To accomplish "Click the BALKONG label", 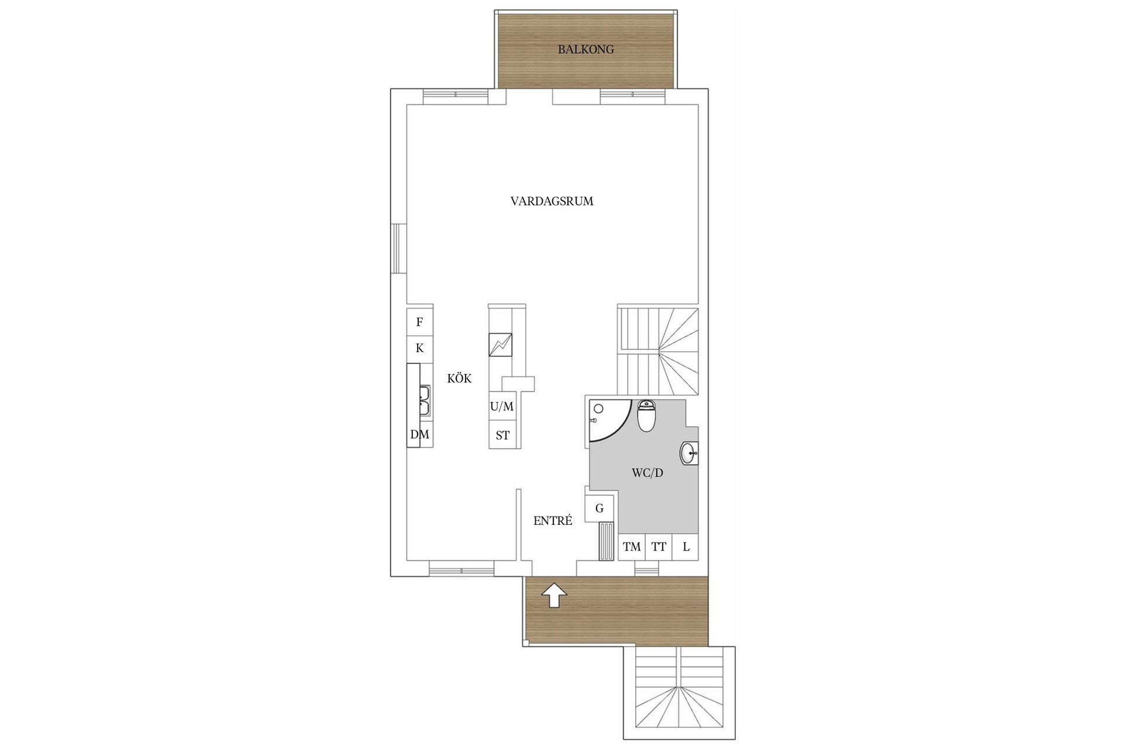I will coord(585,50).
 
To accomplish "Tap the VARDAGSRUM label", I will coord(552,201).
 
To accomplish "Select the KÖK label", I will coord(459,379).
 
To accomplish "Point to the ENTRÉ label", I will coord(553,521).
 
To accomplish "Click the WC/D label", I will coord(647,473).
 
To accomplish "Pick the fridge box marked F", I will coord(419,322).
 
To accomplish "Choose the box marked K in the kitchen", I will coord(419,348).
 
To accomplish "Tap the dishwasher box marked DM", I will coord(419,435).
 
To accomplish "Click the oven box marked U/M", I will coord(502,407).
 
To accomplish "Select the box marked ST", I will coord(502,435).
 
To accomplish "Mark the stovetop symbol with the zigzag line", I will coord(501,345).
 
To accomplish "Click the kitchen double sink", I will coord(424,400).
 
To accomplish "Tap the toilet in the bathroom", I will coord(646,416).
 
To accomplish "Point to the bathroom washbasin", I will coord(689,453).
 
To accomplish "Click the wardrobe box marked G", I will coord(600,509).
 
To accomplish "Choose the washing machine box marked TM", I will coord(632,547).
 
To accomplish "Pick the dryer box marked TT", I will coord(659,547).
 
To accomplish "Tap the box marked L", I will coord(686,547).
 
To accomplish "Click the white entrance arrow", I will coord(554,597).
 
